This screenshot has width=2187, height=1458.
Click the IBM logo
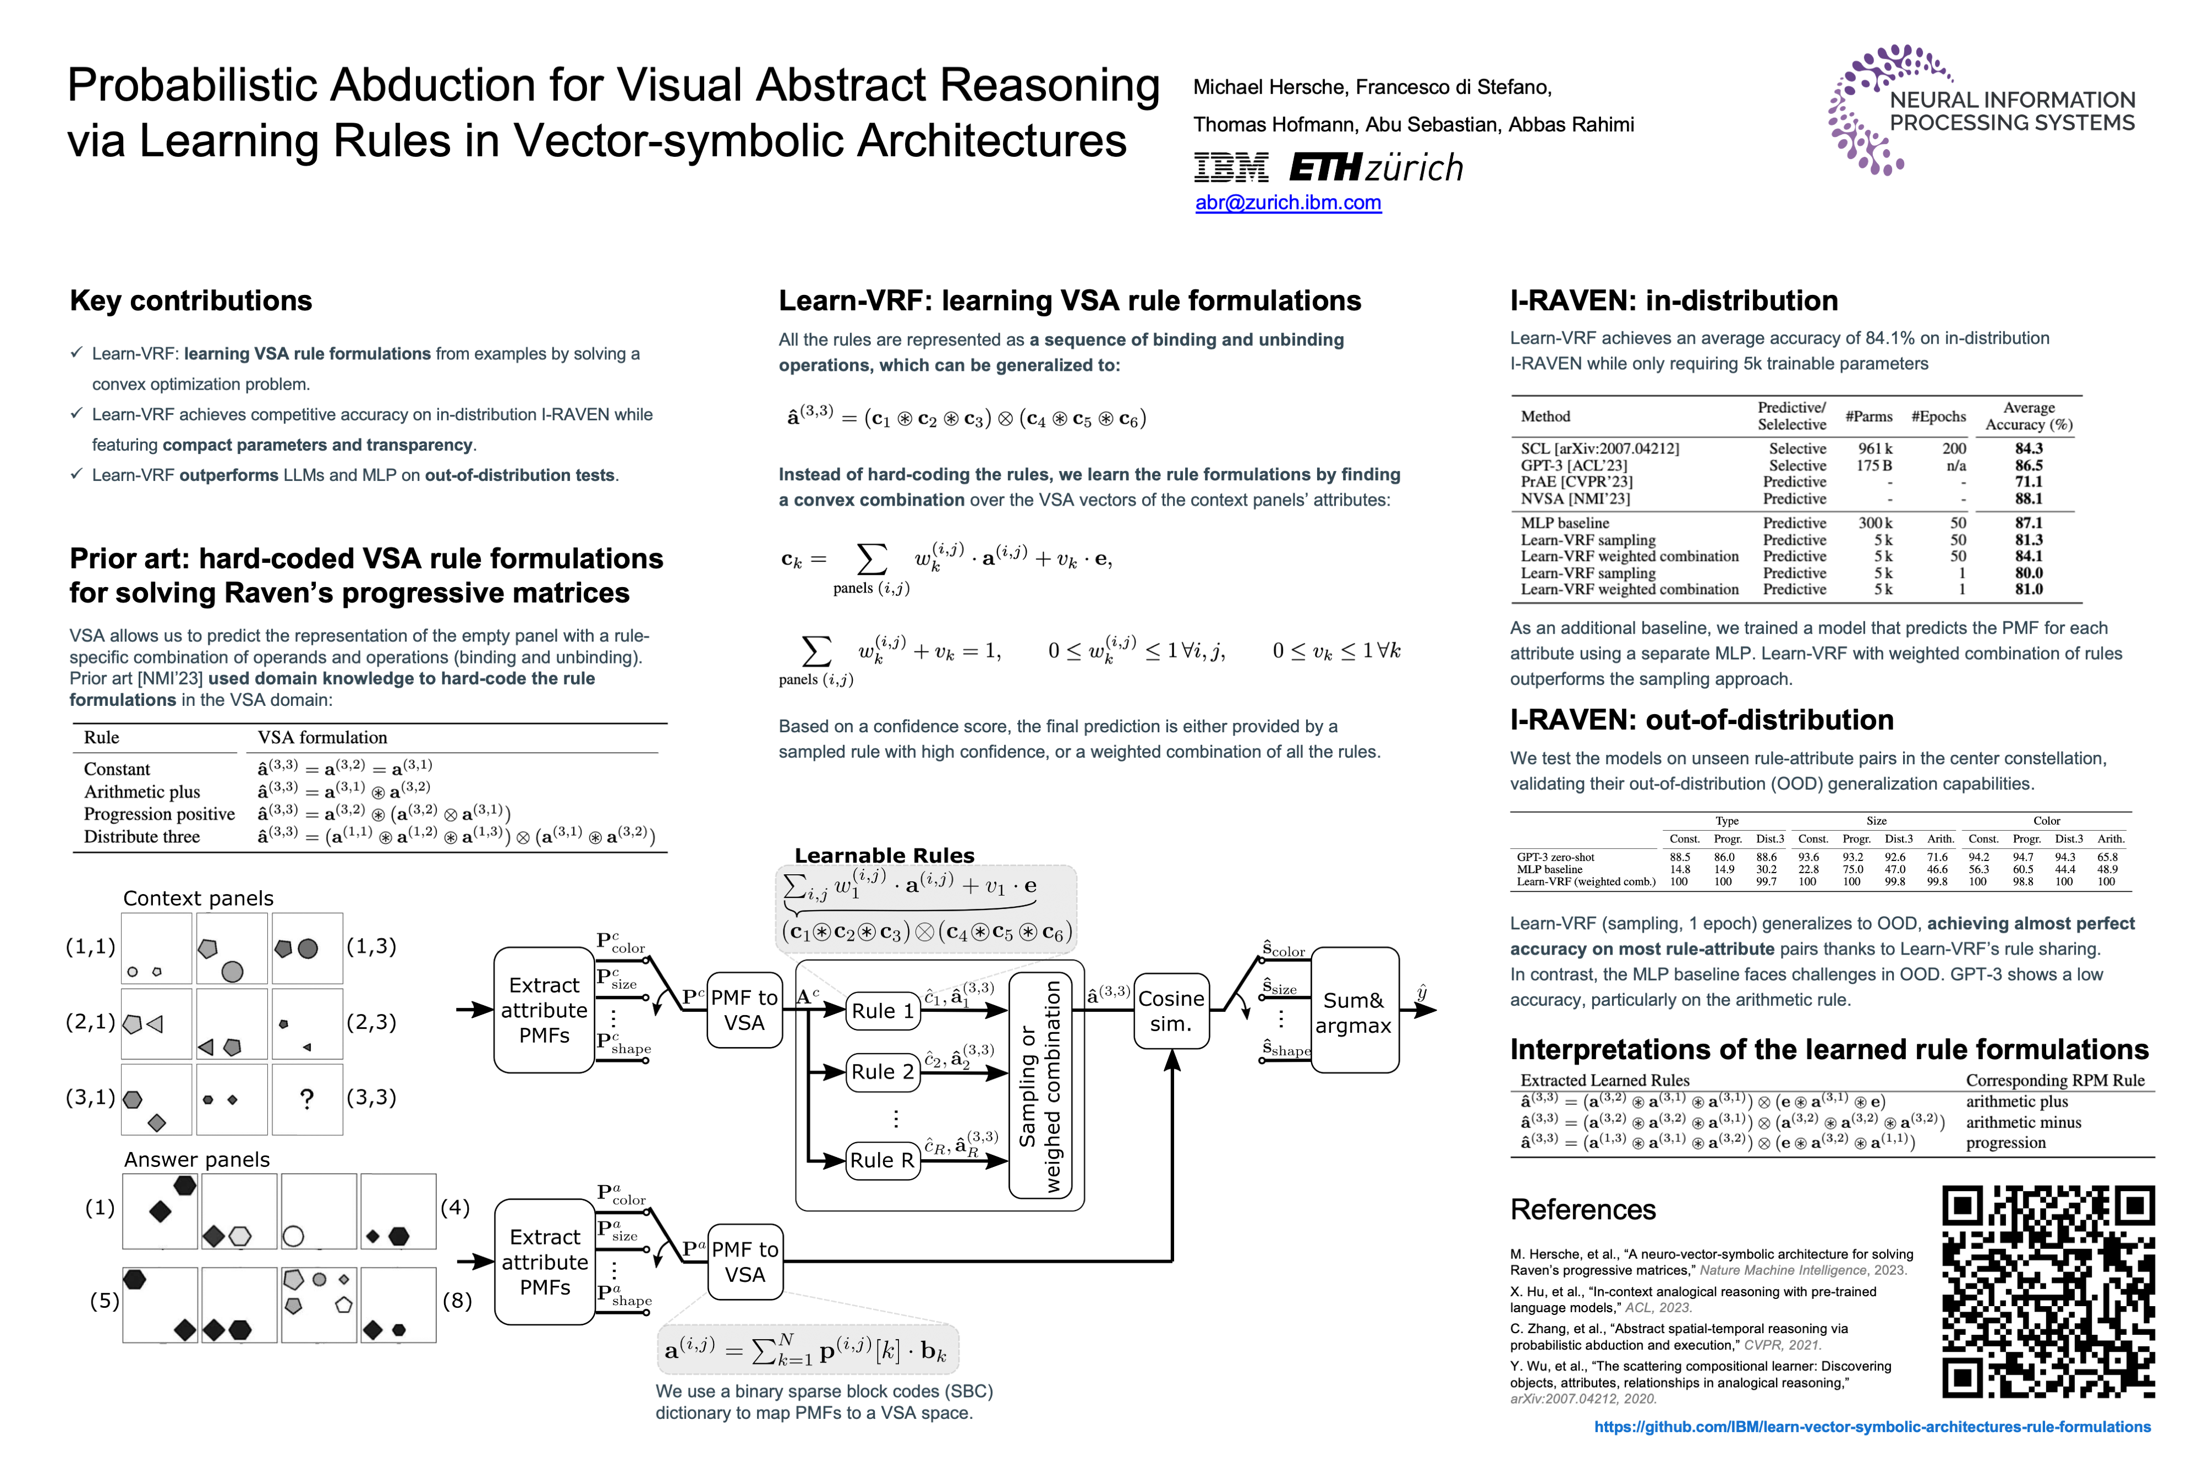point(1230,168)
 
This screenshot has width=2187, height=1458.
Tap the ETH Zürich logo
point(1376,168)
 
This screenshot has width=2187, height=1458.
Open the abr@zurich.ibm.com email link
point(1288,202)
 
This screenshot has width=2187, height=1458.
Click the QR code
point(2047,1291)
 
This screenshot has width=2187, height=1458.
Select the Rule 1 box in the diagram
point(883,1011)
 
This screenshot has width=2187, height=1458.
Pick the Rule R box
point(883,1160)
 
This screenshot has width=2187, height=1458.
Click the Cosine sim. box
point(1171,1011)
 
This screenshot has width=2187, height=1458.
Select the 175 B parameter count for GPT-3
point(1873,465)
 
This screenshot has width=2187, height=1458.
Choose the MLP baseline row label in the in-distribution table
point(1565,523)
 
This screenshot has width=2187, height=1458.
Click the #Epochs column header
point(1939,416)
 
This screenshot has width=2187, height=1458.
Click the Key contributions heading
point(190,300)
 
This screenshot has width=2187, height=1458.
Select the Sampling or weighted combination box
point(1039,1085)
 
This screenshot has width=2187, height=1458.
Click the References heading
point(1582,1209)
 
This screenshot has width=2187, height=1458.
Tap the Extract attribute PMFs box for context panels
point(544,1010)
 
